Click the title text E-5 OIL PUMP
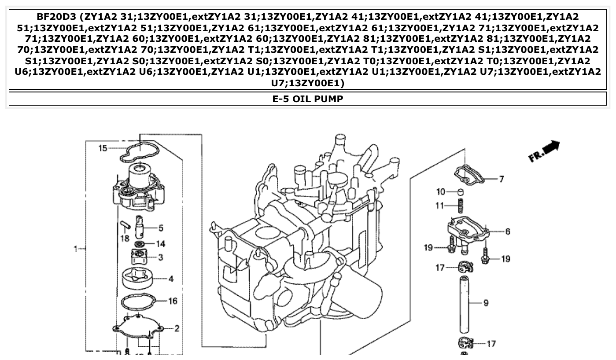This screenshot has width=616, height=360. (308, 99)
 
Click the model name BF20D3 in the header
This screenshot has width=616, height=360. (57, 17)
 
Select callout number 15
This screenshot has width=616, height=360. (102, 148)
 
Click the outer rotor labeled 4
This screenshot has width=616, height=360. (137, 278)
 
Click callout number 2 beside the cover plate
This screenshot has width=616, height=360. (177, 328)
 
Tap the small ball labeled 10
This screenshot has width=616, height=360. (461, 192)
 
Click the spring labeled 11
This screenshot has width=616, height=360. (461, 206)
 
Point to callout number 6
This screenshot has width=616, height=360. (508, 231)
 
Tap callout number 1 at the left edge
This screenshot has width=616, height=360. (75, 249)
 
